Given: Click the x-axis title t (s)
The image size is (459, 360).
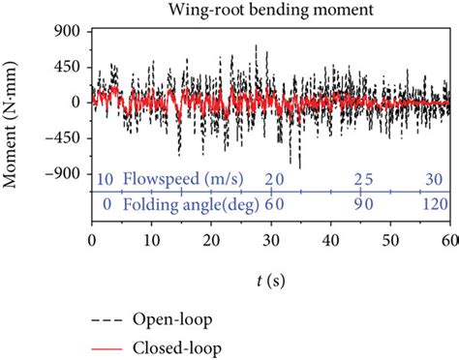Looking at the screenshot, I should [x=270, y=281].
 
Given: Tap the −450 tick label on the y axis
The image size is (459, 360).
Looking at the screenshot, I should [x=65, y=137].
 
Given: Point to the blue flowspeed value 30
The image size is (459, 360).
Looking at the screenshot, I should [x=435, y=179].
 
